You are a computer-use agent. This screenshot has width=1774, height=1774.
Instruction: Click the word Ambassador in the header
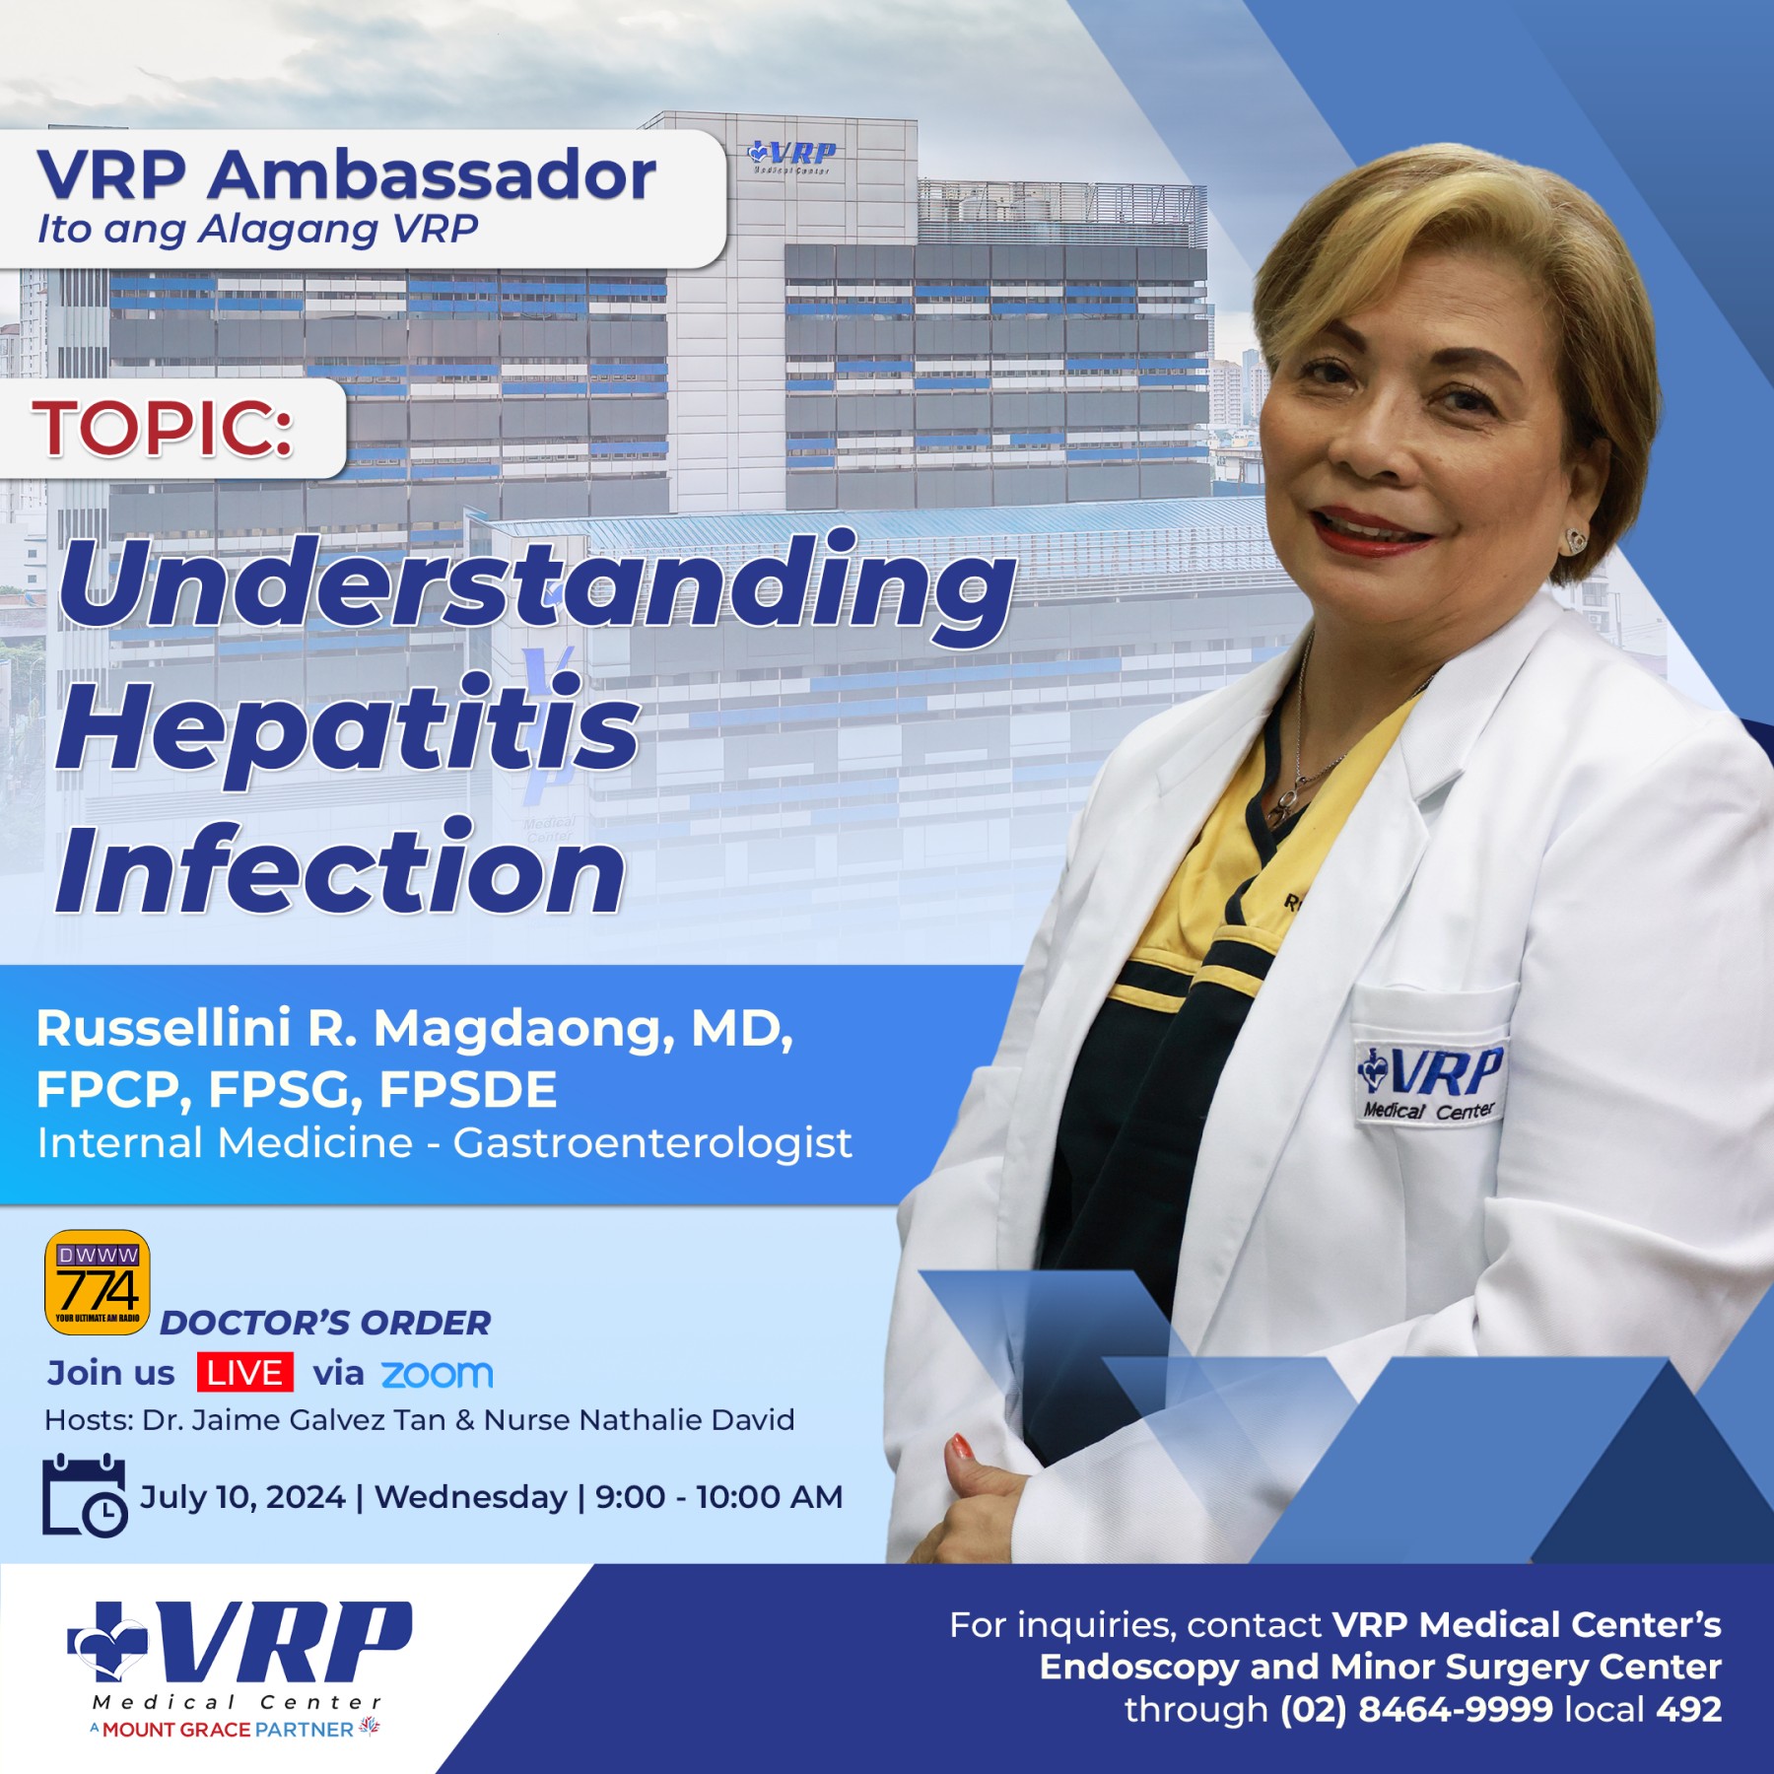click(431, 175)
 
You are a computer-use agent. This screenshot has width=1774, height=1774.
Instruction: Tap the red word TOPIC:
click(163, 428)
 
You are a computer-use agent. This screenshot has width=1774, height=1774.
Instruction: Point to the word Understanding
click(537, 587)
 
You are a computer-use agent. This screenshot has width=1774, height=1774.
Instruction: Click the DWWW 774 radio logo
click(98, 1281)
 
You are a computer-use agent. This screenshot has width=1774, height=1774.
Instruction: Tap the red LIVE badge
click(244, 1372)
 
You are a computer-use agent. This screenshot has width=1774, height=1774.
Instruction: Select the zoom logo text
click(437, 1374)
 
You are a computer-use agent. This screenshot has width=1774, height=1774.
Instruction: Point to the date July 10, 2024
click(242, 1496)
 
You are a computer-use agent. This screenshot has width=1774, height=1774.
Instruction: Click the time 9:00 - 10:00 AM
click(718, 1496)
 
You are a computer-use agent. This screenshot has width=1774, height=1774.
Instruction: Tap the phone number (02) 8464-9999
click(1416, 1709)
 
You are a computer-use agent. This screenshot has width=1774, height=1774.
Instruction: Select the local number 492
click(1688, 1709)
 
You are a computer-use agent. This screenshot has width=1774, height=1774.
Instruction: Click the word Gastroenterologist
click(652, 1143)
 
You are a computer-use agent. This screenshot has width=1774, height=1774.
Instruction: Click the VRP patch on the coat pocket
click(1430, 1081)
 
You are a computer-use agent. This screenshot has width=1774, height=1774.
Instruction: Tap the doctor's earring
click(1575, 539)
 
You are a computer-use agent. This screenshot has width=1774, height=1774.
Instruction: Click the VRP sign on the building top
click(791, 156)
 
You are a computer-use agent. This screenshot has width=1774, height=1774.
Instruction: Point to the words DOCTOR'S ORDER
click(325, 1323)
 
